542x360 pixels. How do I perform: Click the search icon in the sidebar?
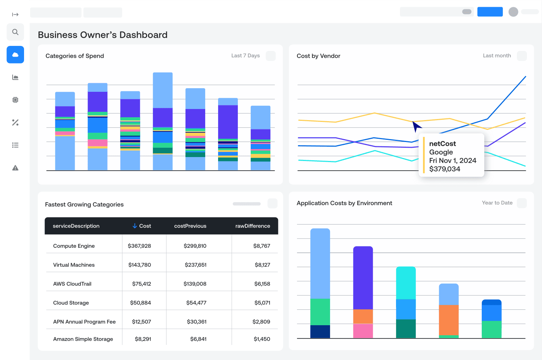pos(15,32)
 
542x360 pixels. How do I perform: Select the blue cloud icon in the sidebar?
pos(15,55)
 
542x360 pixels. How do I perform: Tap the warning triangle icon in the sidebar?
pos(15,168)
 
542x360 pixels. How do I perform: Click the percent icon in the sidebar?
pos(15,123)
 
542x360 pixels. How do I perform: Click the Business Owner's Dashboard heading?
pos(103,35)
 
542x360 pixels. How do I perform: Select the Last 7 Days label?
pos(245,56)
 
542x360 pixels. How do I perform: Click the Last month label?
pos(496,56)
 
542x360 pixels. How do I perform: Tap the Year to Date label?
pos(497,203)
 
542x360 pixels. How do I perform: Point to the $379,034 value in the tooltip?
pos(444,169)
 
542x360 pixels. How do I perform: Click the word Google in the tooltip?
pos(441,152)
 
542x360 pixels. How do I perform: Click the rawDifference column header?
pos(253,226)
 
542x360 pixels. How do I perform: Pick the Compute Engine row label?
pos(74,246)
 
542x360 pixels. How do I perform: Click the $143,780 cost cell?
pos(140,265)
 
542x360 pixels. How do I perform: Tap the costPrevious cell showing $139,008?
pos(195,284)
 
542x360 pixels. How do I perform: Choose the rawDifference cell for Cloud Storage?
pos(262,303)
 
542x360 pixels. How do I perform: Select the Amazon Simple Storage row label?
pos(83,339)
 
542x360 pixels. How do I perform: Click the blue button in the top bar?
pos(490,12)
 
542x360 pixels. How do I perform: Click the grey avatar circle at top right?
pos(513,12)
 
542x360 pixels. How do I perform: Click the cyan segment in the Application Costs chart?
pos(406,283)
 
